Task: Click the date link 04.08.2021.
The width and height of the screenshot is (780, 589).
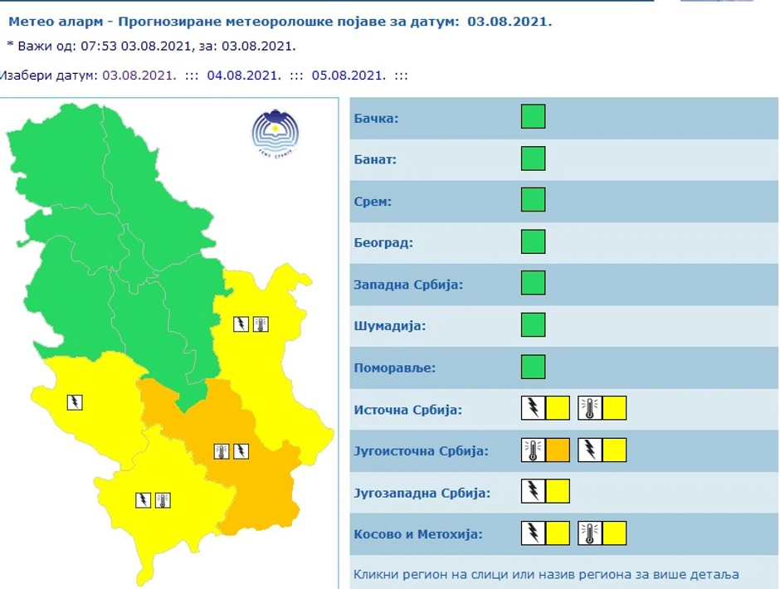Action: (x=242, y=75)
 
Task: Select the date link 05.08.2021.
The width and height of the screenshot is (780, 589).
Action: (x=349, y=75)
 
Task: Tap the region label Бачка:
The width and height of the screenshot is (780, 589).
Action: (x=376, y=119)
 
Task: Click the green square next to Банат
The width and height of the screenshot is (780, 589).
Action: (x=533, y=158)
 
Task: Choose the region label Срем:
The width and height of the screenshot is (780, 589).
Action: (x=373, y=202)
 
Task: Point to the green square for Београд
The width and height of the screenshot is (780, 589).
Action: (x=533, y=241)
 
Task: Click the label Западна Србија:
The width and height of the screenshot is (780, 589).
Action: (x=408, y=285)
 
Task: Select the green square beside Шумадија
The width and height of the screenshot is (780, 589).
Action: (x=533, y=324)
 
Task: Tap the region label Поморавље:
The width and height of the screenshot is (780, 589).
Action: (x=394, y=368)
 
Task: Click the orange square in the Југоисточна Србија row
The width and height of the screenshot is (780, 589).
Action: (x=558, y=450)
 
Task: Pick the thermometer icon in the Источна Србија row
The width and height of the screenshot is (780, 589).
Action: (x=590, y=408)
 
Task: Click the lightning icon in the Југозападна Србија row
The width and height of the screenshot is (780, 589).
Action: (x=533, y=491)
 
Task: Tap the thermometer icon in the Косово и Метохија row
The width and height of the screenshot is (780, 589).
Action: (x=590, y=533)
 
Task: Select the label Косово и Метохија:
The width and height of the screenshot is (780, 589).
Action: (x=417, y=533)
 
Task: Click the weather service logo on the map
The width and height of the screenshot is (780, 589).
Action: (x=275, y=132)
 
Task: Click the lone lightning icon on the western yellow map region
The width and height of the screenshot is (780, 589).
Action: (x=75, y=402)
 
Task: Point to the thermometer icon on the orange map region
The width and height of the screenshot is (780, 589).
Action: (x=222, y=451)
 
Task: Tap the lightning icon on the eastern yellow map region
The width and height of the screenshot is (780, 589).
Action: (x=241, y=324)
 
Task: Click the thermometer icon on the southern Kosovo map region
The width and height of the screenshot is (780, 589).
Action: (x=163, y=499)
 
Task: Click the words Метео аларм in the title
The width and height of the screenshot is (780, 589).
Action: (x=46, y=22)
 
